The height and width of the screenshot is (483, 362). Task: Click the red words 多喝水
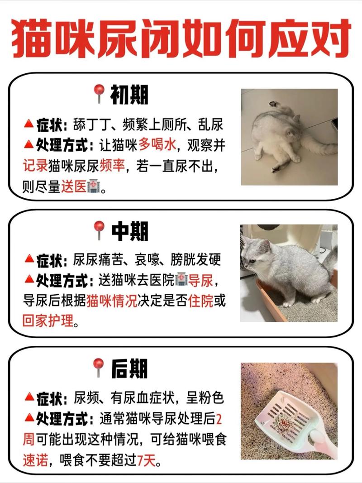(157, 145)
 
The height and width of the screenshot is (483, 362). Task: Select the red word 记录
(35, 165)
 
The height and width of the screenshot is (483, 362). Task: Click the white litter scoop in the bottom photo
(290, 419)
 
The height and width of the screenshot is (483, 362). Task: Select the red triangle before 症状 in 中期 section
(29, 260)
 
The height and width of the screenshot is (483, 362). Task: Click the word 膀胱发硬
(195, 260)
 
